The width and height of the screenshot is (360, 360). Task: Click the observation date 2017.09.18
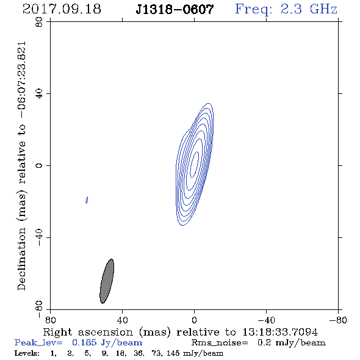tap(62, 9)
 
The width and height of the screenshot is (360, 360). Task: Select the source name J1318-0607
tap(175, 9)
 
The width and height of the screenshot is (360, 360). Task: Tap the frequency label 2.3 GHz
tap(286, 9)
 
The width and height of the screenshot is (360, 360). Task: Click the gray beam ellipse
tap(107, 281)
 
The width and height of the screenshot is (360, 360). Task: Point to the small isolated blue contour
tap(87, 200)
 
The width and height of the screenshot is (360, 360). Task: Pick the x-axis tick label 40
tap(122, 320)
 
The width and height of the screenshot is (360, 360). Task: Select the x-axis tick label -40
tap(266, 320)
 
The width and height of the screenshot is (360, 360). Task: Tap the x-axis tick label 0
tap(194, 320)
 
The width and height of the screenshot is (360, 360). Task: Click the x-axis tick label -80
tap(338, 320)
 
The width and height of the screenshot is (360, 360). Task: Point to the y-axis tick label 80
tap(39, 22)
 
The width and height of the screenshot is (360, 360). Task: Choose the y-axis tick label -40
tap(39, 237)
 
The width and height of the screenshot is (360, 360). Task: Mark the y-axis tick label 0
tap(39, 165)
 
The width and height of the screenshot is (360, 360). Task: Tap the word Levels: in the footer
tap(27, 353)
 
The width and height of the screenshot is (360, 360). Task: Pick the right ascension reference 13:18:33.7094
tap(280, 332)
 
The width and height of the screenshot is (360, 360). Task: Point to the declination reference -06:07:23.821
tap(21, 80)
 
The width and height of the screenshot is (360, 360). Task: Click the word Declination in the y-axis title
tap(21, 259)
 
